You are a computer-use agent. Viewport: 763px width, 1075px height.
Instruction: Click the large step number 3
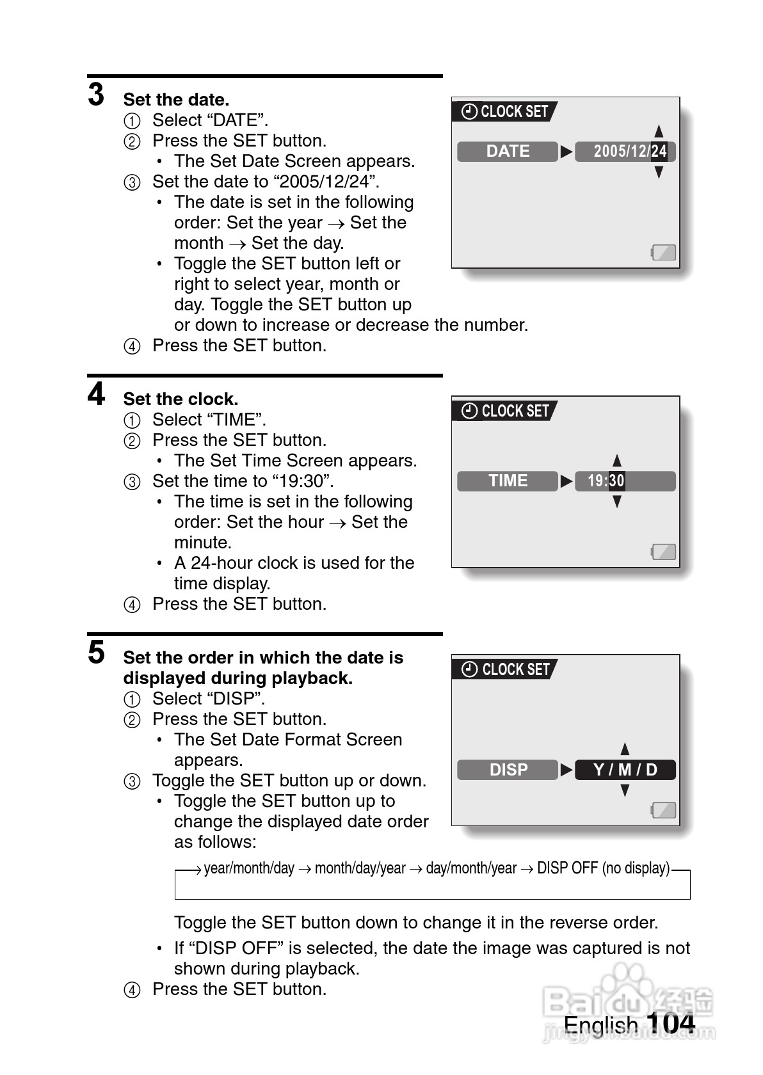(x=96, y=95)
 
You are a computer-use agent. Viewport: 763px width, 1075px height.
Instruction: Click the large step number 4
(x=96, y=394)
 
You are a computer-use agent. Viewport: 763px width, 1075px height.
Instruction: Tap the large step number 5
(x=96, y=653)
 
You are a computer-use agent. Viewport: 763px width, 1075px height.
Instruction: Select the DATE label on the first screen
(x=508, y=152)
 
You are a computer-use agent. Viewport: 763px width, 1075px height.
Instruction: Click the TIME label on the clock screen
(x=508, y=481)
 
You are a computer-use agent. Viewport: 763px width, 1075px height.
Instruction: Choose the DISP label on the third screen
(x=508, y=770)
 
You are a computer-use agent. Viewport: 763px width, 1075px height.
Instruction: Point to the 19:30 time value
(x=606, y=481)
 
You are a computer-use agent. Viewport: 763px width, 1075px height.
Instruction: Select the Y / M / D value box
(x=625, y=770)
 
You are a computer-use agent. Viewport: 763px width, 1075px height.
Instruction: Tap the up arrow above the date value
(x=659, y=131)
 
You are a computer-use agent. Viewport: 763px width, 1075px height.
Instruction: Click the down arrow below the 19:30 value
(x=617, y=502)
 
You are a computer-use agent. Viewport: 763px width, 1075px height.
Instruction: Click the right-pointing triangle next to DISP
(x=566, y=770)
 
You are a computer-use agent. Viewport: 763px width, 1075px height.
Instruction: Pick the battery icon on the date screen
(x=664, y=253)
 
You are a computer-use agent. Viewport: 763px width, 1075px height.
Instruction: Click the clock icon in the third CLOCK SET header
(x=470, y=669)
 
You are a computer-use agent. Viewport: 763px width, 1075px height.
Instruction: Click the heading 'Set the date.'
(x=176, y=100)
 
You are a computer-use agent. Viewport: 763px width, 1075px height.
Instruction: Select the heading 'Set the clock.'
(x=181, y=399)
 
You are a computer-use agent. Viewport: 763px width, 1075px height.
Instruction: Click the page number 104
(x=670, y=1023)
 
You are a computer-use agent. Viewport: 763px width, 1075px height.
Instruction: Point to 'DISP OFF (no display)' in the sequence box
(x=603, y=868)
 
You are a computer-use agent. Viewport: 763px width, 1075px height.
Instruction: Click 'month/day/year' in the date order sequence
(x=360, y=868)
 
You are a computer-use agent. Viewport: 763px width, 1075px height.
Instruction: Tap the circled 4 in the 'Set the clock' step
(x=132, y=605)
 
